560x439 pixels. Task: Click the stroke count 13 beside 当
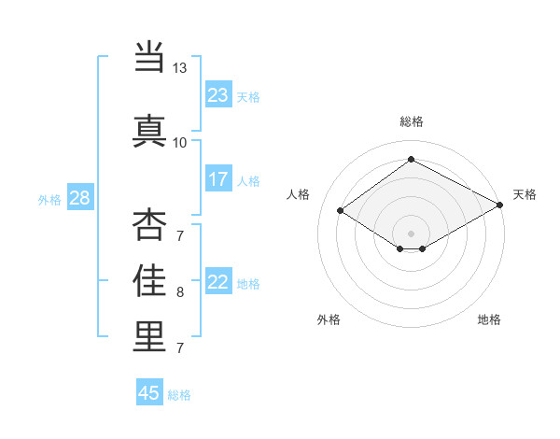point(179,68)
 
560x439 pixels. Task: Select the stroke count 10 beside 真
point(179,142)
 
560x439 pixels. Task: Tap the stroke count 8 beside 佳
point(180,291)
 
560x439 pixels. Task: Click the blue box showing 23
point(218,94)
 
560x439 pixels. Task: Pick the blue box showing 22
point(218,282)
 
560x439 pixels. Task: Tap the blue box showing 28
point(80,198)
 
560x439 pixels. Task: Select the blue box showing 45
point(149,393)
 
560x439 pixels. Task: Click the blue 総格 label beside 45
point(179,395)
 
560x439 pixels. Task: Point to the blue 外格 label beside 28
point(49,199)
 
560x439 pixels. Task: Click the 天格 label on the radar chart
point(525,194)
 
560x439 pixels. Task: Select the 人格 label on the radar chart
point(299,194)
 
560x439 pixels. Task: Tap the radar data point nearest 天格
point(500,206)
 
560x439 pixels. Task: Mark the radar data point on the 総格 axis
point(411,160)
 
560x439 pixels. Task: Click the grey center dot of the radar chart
point(411,233)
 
